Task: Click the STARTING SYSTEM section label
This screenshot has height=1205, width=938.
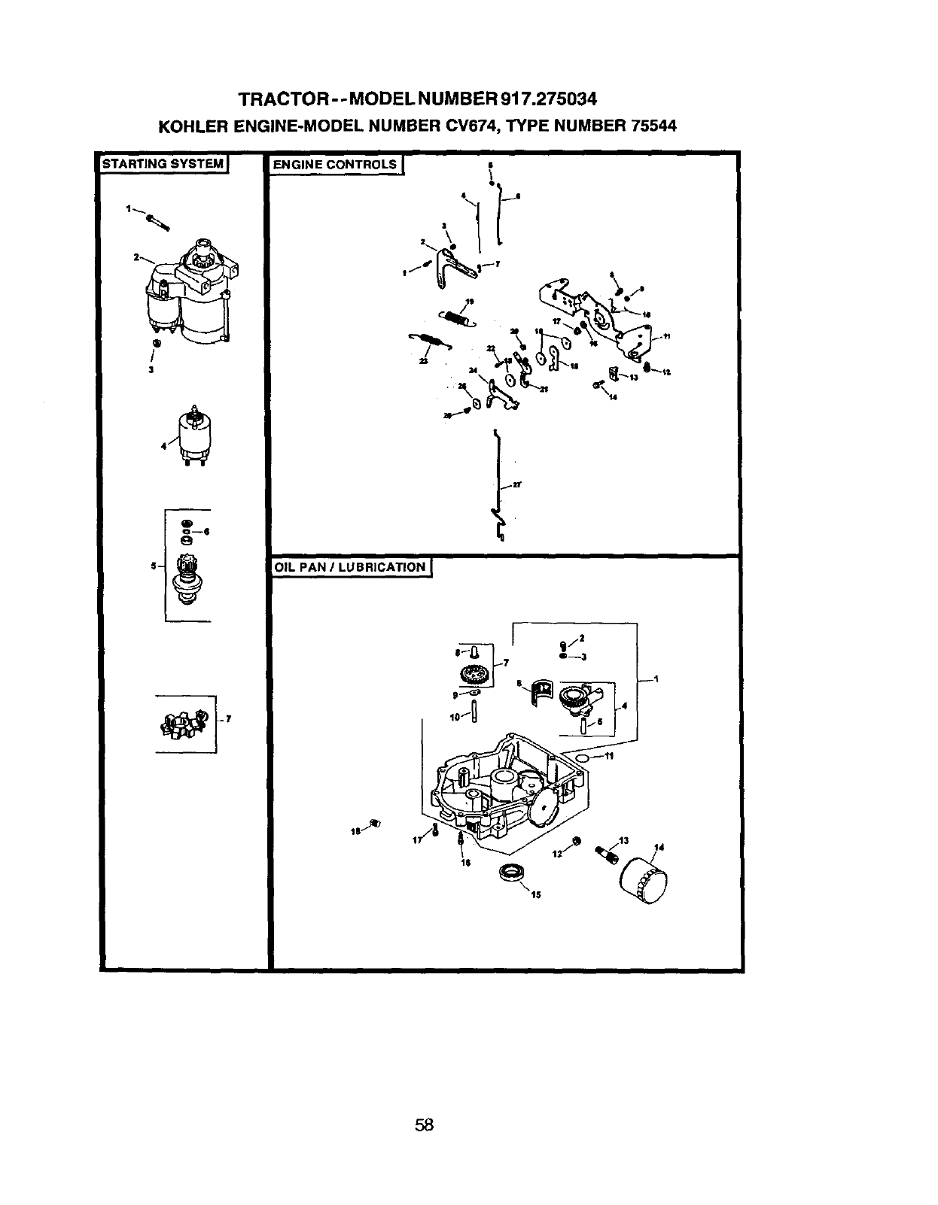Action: click(x=164, y=163)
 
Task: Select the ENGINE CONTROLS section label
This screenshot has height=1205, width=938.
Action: click(x=334, y=165)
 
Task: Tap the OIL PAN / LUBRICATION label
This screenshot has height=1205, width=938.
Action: click(x=349, y=567)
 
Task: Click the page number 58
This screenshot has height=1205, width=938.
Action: click(x=425, y=1041)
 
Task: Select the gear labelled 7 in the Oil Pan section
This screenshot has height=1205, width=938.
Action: click(x=474, y=674)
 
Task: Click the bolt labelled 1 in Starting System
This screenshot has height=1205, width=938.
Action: click(x=157, y=220)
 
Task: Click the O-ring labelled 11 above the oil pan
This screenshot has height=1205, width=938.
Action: click(x=581, y=754)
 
